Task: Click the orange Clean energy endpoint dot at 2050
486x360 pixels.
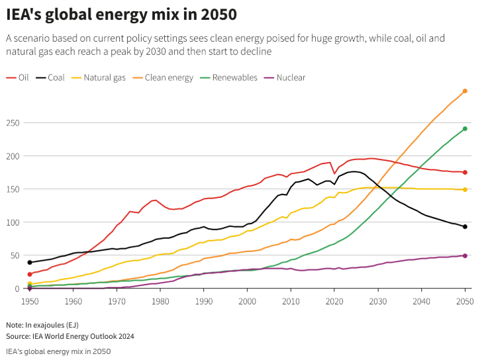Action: pyautogui.click(x=465, y=91)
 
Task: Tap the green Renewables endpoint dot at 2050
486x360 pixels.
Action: pyautogui.click(x=465, y=128)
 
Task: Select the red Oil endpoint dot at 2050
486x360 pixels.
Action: pyautogui.click(x=465, y=172)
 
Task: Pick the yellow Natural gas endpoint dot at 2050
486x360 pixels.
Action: pyautogui.click(x=465, y=190)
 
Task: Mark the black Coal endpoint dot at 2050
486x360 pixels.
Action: pyautogui.click(x=465, y=227)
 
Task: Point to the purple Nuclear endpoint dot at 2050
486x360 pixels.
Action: pyautogui.click(x=465, y=255)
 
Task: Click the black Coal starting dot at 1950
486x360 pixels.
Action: pyautogui.click(x=29, y=263)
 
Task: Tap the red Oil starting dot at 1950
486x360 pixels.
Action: pyautogui.click(x=29, y=274)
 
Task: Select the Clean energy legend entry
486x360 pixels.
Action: pyautogui.click(x=169, y=77)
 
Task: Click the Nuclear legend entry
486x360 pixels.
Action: pyautogui.click(x=291, y=77)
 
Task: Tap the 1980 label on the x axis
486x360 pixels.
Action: pyautogui.click(x=160, y=301)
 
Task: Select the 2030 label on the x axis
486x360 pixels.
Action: pyautogui.click(x=377, y=301)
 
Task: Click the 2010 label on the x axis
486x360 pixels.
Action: pyautogui.click(x=290, y=301)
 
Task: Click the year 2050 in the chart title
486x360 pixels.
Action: pyautogui.click(x=218, y=14)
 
